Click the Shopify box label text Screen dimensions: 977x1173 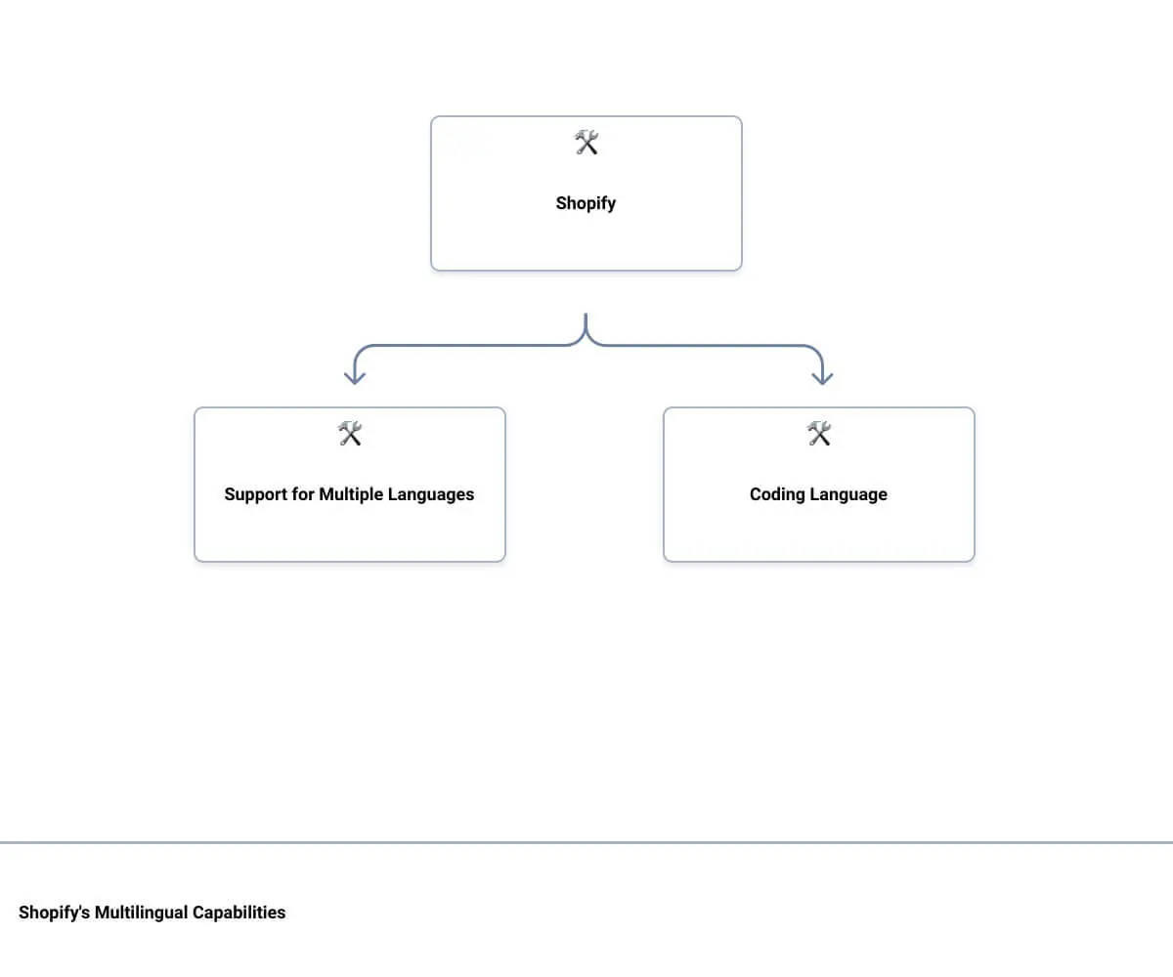point(586,203)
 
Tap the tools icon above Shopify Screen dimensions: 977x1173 point(586,144)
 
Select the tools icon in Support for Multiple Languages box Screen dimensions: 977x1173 point(350,434)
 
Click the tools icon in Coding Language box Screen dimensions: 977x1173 point(819,434)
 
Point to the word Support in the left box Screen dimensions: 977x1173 point(256,494)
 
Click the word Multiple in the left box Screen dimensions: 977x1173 point(350,494)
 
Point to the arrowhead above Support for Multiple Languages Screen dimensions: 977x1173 point(355,378)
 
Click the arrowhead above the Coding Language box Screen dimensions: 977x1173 point(822,378)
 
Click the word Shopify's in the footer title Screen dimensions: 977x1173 point(55,913)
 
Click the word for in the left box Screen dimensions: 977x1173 point(303,494)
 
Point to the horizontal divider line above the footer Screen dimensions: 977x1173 point(586,842)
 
